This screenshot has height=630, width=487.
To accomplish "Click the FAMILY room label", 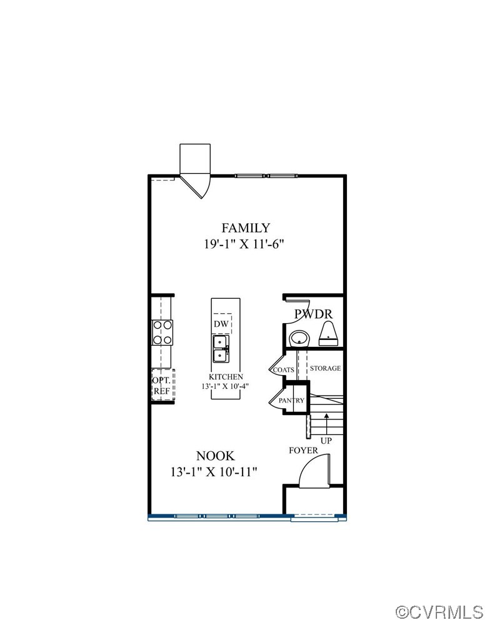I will (x=246, y=228).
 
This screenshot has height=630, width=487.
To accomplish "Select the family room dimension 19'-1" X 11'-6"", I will (x=246, y=244).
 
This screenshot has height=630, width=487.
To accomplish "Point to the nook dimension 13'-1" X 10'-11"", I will (x=214, y=472).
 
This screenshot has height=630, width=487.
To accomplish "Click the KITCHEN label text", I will (x=226, y=377).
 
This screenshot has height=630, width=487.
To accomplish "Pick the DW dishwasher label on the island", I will (x=221, y=324).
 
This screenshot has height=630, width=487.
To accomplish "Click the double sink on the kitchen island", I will (x=221, y=349).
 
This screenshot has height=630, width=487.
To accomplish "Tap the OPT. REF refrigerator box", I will (x=162, y=385).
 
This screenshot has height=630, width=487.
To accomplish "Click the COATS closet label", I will (x=283, y=369).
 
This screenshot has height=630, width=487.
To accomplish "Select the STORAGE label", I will (x=325, y=368).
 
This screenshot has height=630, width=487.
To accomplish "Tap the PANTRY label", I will (x=291, y=401).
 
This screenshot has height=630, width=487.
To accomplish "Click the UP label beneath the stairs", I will (x=326, y=441).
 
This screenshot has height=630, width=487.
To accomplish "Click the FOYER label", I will (x=303, y=450).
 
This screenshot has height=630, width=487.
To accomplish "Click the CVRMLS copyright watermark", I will (x=439, y=611).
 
